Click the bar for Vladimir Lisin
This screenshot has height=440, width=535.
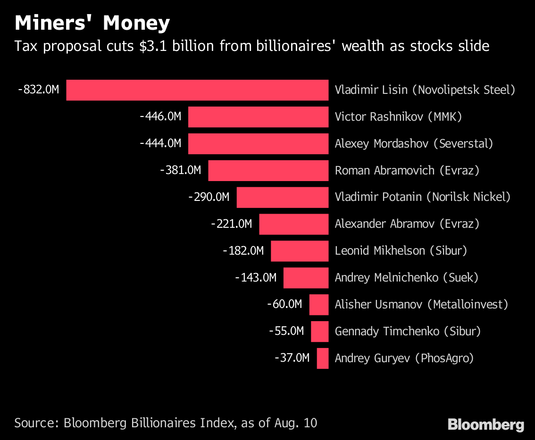coord(197,90)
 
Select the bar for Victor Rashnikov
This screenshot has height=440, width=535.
coord(258,117)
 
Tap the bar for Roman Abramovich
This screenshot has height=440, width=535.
coord(268,171)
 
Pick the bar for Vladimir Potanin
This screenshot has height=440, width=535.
coord(282,197)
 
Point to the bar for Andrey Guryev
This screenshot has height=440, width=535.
coord(323,358)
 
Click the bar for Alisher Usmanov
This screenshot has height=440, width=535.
coord(319,305)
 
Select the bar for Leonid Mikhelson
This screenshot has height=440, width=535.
coord(300,251)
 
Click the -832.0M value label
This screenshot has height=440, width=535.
coord(39,90)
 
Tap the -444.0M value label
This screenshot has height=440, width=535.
coord(160,143)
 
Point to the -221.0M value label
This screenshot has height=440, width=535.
coord(232,224)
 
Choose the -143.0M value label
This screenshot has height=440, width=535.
coord(256,278)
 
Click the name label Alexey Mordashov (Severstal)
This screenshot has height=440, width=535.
coord(414,143)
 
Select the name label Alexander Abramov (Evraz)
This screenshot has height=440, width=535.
coord(407,224)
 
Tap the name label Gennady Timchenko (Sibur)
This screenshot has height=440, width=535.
coord(408,332)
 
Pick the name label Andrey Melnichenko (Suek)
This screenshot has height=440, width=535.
coord(406,278)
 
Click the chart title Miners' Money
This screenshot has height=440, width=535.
coord(92,23)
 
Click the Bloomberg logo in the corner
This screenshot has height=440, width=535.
coord(486,424)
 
